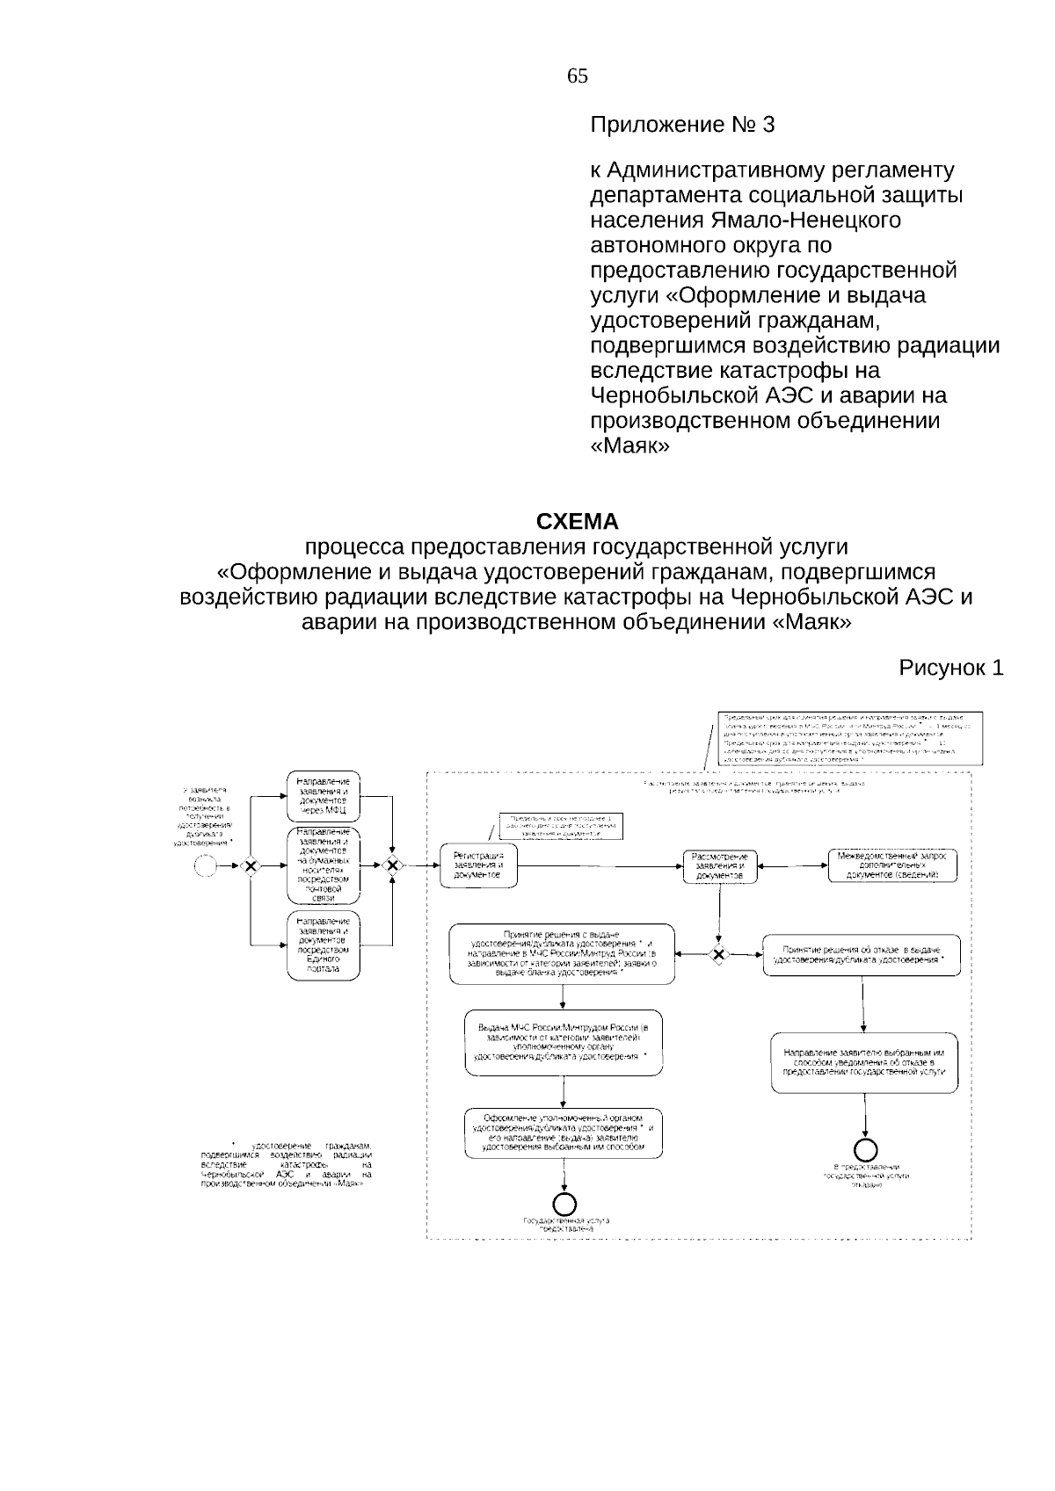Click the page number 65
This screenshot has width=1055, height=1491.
pos(578,76)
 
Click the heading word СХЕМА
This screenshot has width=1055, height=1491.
pos(578,522)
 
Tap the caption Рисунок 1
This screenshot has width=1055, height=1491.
pos(950,669)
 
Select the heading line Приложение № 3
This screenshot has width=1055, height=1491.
pos(682,126)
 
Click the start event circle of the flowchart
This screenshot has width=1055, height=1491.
pos(205,866)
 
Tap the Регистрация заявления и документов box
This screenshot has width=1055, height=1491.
pos(478,866)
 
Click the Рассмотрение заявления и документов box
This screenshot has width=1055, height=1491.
pos(719,866)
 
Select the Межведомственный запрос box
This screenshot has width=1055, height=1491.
pos(892,865)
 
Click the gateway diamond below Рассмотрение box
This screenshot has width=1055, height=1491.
pos(719,955)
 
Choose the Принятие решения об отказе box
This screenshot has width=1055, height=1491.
pos(861,955)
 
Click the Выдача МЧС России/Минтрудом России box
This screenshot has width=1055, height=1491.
pos(563,1042)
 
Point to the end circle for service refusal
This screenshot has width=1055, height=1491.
pos(867,1148)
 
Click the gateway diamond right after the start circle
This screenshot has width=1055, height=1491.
pos(251,866)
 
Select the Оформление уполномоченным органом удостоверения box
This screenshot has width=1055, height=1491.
pos(563,1133)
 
